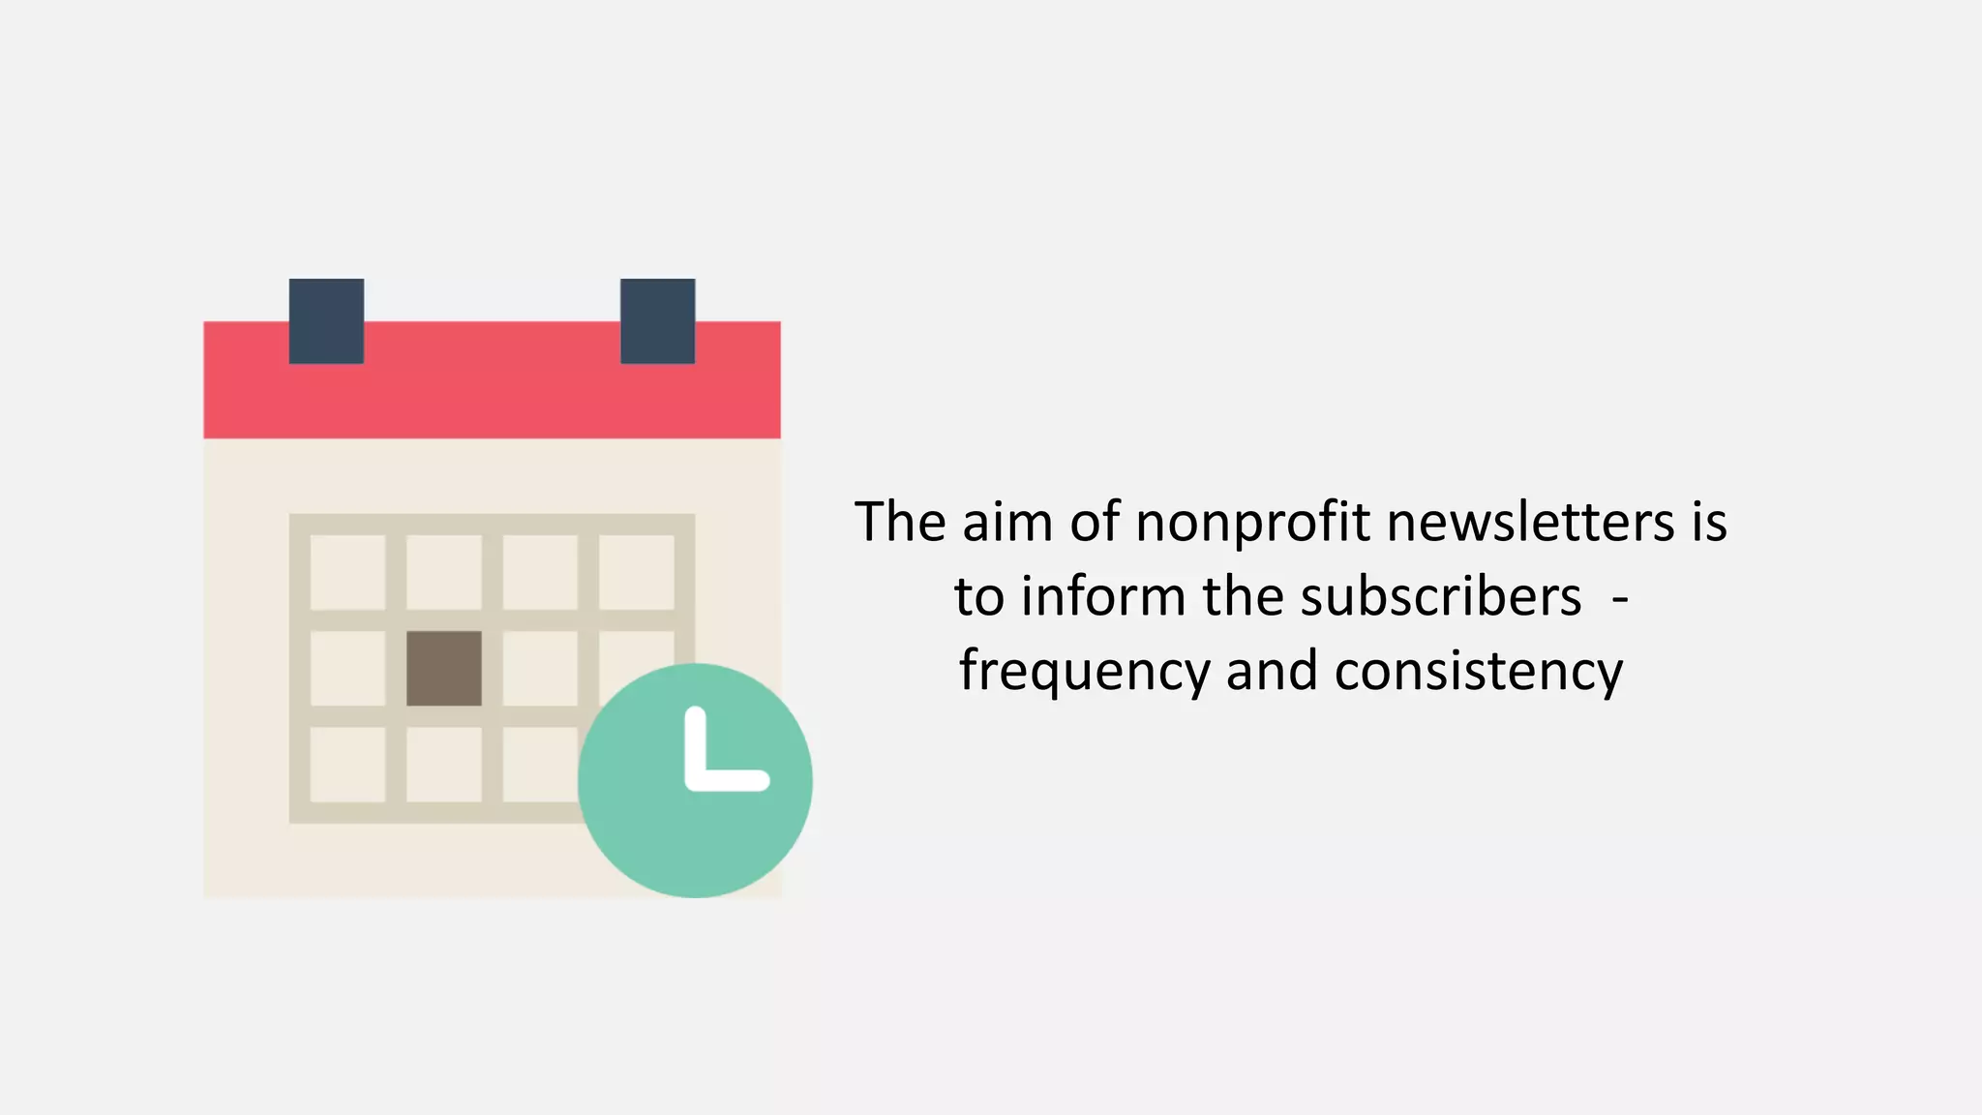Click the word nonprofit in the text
click(x=1252, y=524)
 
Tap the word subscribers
click(x=1441, y=596)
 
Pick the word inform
click(x=1103, y=596)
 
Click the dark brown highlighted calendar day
click(x=444, y=669)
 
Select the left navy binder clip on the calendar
click(x=326, y=320)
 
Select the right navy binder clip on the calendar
click(x=657, y=320)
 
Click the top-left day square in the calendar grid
click(x=347, y=572)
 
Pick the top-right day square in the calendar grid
click(x=637, y=572)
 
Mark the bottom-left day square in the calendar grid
click(x=347, y=765)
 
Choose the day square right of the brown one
click(x=540, y=669)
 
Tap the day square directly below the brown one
click(x=444, y=765)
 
